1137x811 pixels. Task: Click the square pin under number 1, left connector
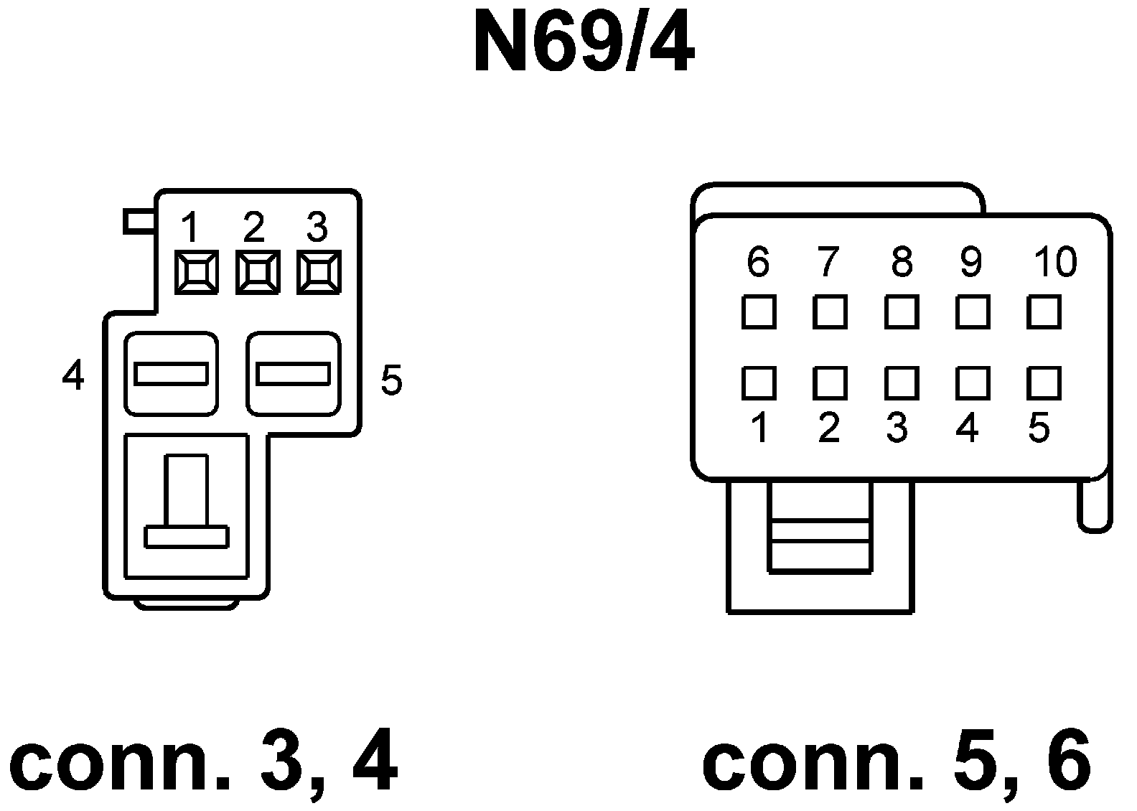coord(196,273)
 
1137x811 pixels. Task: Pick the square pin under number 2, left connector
coord(257,273)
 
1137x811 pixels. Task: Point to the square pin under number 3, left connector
coord(318,273)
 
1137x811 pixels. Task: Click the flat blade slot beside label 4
coord(171,374)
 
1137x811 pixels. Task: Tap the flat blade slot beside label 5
coord(293,374)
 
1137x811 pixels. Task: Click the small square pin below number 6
coord(758,312)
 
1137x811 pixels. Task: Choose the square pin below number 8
coord(901,312)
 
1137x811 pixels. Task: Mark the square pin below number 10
coord(1044,312)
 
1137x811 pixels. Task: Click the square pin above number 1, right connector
coord(758,383)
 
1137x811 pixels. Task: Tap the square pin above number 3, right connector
coord(901,383)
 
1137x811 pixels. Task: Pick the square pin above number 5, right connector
coord(1044,383)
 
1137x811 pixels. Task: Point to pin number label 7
coord(828,262)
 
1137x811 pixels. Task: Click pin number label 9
coord(970,262)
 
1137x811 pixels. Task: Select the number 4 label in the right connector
coord(968,428)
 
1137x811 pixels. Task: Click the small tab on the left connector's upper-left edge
coord(139,221)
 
